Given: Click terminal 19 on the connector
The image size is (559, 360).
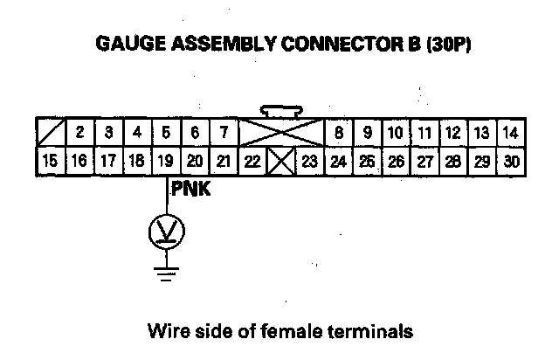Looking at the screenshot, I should tap(166, 162).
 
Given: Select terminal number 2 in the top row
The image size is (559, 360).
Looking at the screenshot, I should tap(79, 134).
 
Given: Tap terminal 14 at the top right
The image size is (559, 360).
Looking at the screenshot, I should tap(511, 134).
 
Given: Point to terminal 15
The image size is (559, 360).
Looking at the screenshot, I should tap(50, 162).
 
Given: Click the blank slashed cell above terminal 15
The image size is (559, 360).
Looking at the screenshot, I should tap(50, 134).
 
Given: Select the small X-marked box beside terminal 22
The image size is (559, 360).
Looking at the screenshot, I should tap(280, 162).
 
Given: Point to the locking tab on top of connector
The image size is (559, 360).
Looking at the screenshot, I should tap(280, 111).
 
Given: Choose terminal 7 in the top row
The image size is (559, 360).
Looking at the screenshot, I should tap(224, 134).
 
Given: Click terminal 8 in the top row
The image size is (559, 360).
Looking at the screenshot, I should tap(338, 134).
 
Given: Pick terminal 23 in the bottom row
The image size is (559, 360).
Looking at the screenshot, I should tap(309, 162).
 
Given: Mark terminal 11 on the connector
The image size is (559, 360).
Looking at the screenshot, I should tap(424, 134).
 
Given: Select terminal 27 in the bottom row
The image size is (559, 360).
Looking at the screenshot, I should tap(424, 162).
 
